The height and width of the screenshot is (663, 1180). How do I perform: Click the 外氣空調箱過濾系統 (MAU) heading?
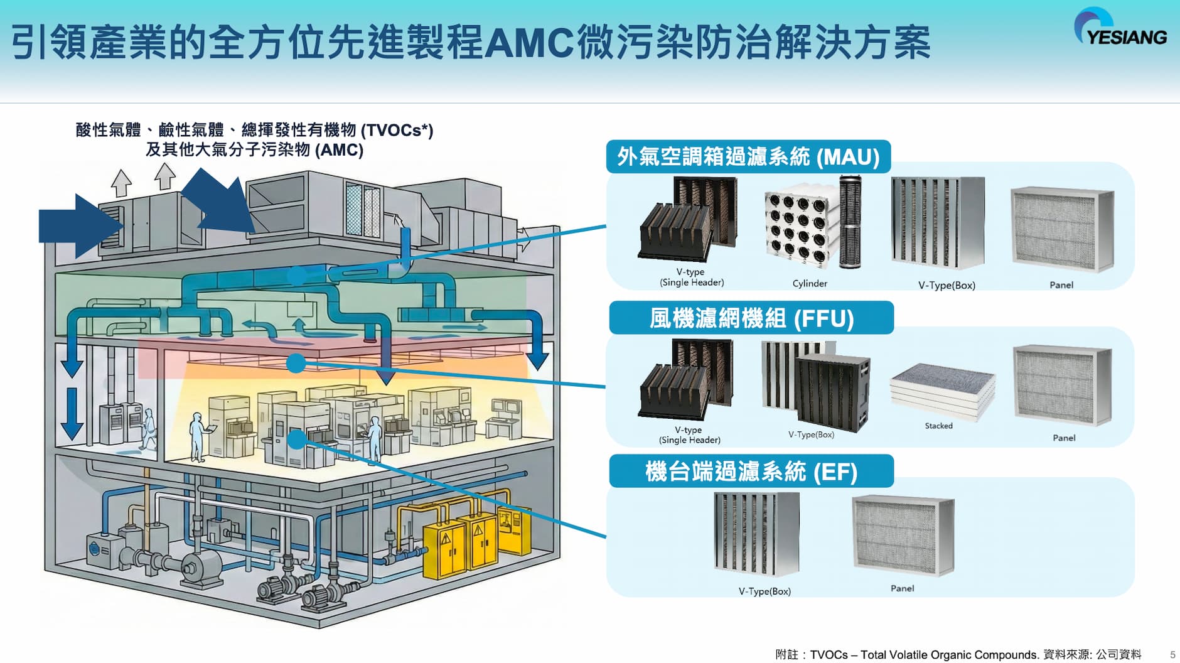(748, 157)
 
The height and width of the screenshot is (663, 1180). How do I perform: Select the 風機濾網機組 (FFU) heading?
(751, 318)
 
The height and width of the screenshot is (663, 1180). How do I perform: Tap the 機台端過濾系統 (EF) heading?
(751, 472)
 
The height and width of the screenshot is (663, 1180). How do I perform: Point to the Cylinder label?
(810, 284)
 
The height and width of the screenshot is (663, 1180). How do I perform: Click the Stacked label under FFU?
(938, 426)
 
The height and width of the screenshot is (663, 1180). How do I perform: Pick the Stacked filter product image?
(942, 391)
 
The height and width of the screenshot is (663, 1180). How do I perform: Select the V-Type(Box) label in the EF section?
(764, 591)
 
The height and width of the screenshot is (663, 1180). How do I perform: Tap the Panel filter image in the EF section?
(903, 535)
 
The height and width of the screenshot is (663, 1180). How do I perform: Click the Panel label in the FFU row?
(1064, 438)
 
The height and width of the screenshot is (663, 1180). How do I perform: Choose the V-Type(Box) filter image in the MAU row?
(938, 223)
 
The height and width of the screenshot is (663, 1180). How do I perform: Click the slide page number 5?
(1172, 655)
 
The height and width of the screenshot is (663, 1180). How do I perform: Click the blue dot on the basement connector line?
(297, 438)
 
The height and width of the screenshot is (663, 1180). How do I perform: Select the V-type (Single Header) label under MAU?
(691, 278)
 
